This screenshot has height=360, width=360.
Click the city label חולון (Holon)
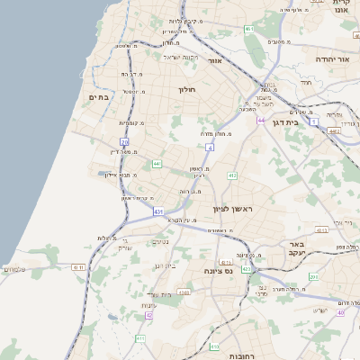(x=187, y=89)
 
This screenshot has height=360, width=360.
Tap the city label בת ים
(x=99, y=96)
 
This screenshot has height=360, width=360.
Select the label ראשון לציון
(x=235, y=209)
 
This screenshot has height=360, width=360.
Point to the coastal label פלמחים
(x=13, y=269)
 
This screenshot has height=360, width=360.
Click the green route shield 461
(x=249, y=29)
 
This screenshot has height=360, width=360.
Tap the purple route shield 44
(x=262, y=120)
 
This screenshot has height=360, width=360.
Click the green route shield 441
(x=157, y=164)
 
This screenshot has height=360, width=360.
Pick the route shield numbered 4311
(x=78, y=267)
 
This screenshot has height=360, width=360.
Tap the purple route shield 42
(x=149, y=315)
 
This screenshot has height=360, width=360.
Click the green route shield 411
(x=139, y=337)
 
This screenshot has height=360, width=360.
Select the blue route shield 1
(x=314, y=120)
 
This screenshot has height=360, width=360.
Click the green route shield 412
(x=232, y=175)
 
